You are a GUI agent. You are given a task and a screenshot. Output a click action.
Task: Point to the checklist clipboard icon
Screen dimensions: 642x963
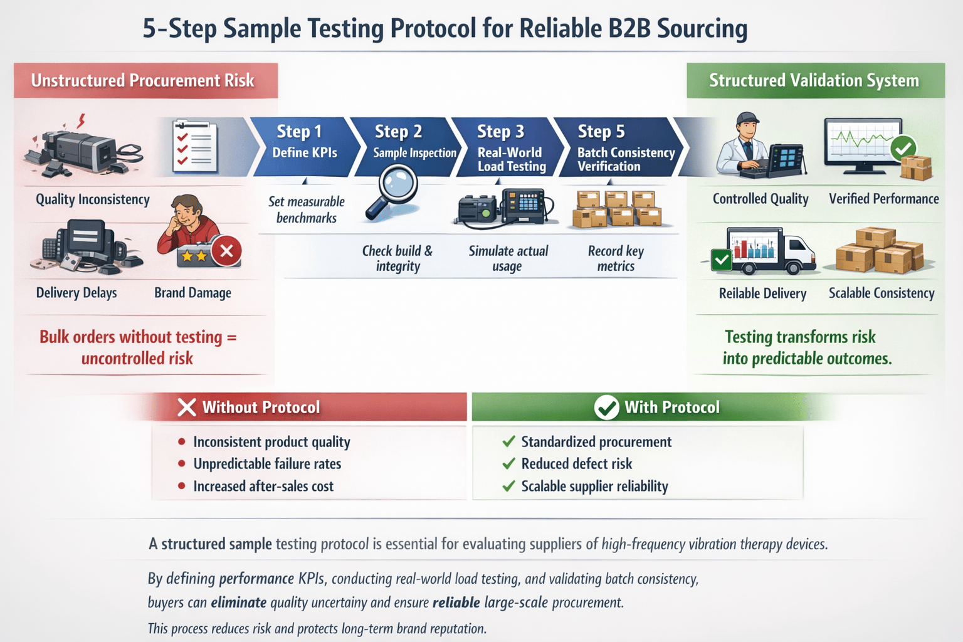(195, 146)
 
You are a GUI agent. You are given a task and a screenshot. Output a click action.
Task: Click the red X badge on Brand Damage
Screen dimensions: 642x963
(226, 251)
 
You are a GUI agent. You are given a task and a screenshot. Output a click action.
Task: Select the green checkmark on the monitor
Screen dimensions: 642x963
(903, 149)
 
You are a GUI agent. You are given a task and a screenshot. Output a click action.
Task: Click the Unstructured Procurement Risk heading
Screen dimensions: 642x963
(143, 81)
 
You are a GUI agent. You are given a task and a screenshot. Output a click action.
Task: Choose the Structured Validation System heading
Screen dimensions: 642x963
(814, 81)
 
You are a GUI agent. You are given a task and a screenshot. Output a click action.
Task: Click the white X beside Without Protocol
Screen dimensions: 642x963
(186, 408)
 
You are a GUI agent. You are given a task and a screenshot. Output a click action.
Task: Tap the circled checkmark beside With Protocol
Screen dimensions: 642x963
(606, 408)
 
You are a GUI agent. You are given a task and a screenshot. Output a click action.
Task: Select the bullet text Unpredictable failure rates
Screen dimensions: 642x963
(267, 464)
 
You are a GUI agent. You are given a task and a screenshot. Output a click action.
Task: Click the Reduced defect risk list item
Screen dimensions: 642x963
(576, 464)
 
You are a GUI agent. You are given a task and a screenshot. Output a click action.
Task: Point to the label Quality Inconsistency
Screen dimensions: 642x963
(93, 199)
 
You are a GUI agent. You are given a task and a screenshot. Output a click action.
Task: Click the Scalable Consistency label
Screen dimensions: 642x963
(881, 293)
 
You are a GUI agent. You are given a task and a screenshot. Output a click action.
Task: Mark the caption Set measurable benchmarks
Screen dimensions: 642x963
(307, 210)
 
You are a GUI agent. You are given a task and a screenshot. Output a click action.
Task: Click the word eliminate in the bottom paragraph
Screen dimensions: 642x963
(238, 603)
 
